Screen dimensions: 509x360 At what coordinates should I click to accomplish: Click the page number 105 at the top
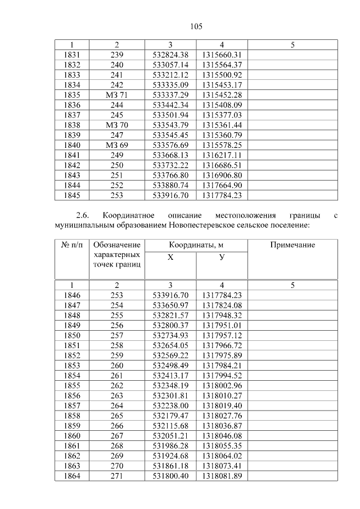pos(196,26)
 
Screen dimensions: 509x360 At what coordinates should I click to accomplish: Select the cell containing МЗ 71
pos(116,95)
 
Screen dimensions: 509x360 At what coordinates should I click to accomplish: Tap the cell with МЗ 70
pos(116,125)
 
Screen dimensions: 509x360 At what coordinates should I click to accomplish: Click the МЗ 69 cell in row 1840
pos(116,145)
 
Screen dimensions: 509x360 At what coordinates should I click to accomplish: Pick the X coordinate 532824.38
pos(170,55)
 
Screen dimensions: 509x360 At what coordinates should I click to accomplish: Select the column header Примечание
pos(292,245)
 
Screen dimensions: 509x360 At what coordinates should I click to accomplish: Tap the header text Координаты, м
pos(196,245)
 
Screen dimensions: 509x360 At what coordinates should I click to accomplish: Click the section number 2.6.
pos(83,215)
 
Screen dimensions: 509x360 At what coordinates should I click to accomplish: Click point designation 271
pos(116,476)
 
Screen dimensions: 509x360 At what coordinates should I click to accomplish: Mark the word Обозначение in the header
pos(116,245)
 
